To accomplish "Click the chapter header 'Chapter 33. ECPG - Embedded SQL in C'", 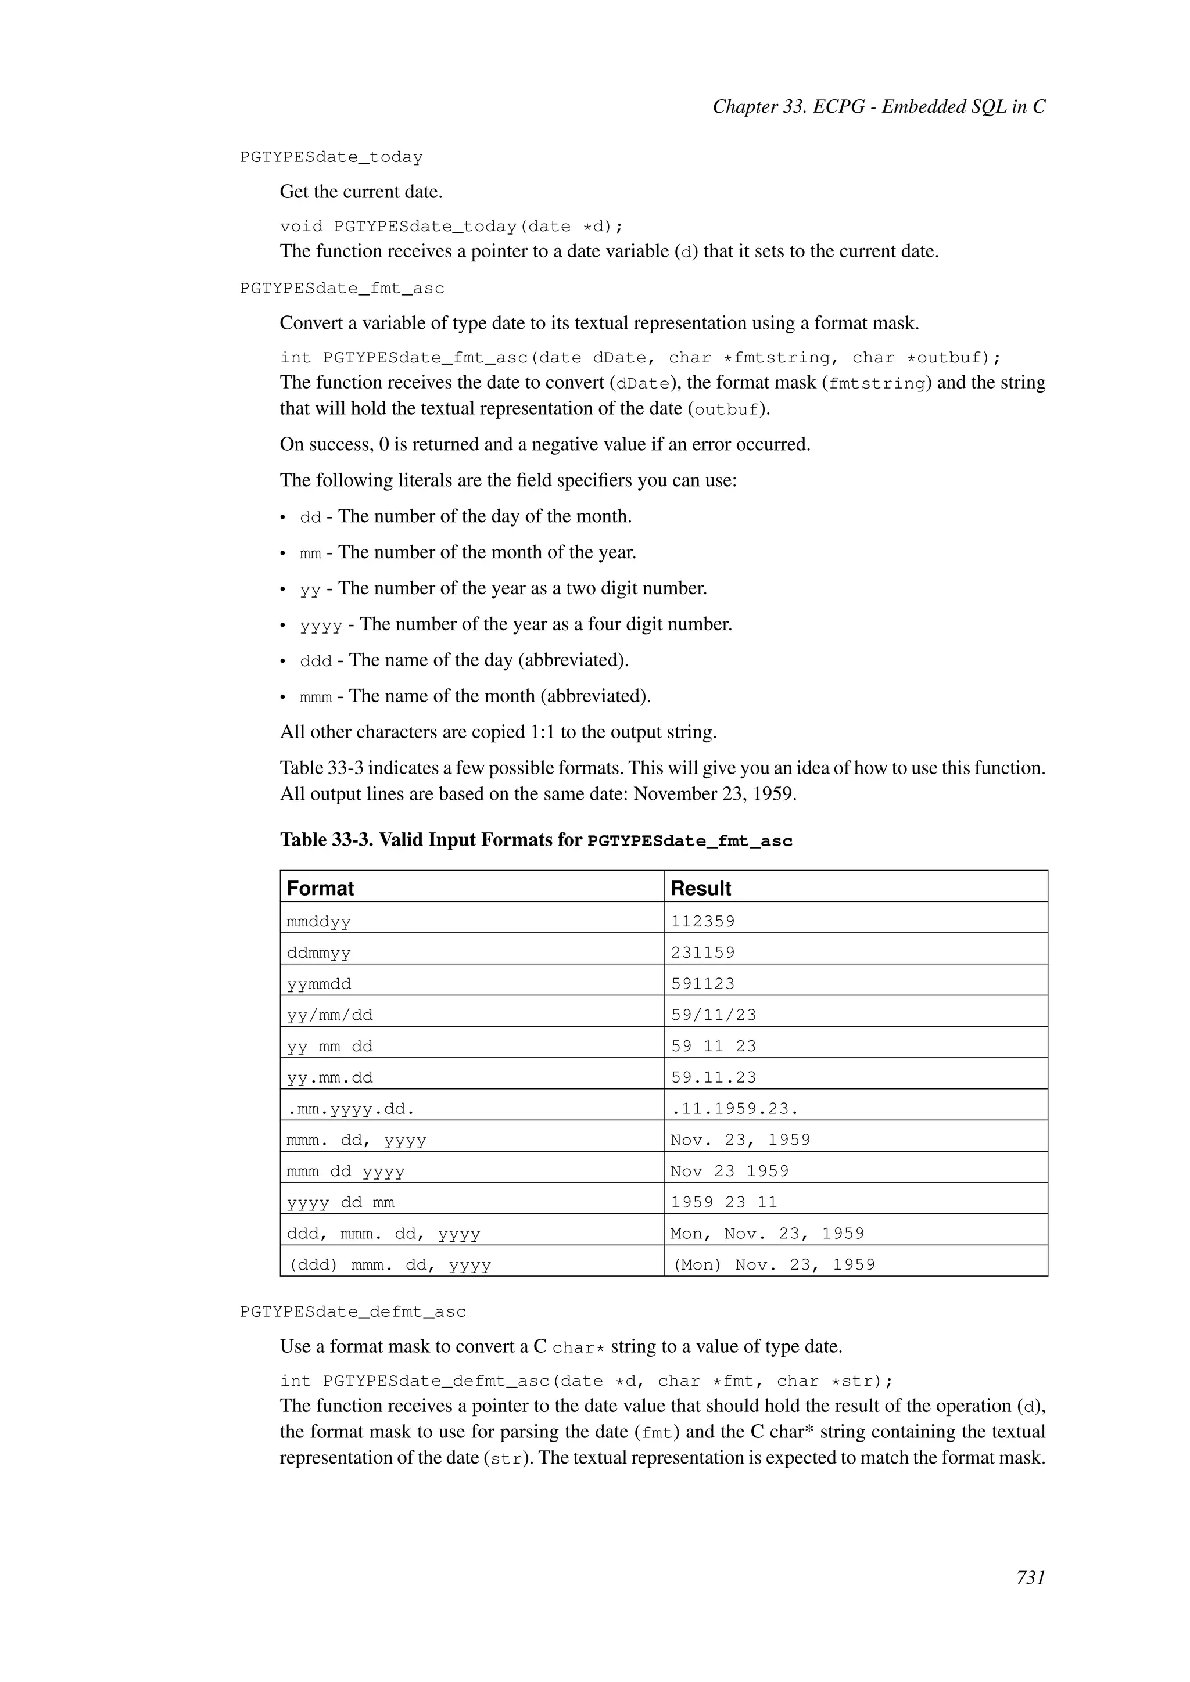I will pos(879,107).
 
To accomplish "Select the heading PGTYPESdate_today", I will pos(331,157).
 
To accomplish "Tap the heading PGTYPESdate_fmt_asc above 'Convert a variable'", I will pos(342,289).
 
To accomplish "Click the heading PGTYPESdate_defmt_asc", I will pos(353,1311).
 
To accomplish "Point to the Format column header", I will pos(320,888).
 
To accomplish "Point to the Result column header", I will pos(701,888).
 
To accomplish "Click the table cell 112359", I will pos(702,921).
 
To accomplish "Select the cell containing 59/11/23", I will pos(714,1015).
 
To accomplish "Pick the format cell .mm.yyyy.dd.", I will pos(351,1108).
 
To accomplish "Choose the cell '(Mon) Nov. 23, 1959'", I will pos(773,1264).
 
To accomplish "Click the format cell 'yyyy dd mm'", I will pos(340,1202).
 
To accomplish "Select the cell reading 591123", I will pos(702,983).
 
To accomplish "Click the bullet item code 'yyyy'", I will pos(321,626).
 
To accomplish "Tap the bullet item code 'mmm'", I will pos(316,698).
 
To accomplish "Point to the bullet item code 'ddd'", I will pos(316,662).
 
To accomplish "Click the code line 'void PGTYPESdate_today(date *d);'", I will pos(451,227).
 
